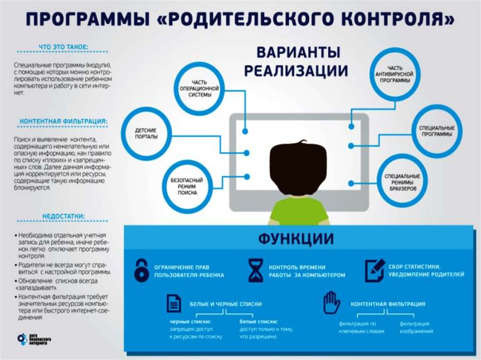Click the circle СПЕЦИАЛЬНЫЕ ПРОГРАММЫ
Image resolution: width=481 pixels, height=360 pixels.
click(x=436, y=130)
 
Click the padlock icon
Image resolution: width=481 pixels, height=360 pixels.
click(x=141, y=270)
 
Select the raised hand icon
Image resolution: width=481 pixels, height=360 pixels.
click(x=332, y=303)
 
